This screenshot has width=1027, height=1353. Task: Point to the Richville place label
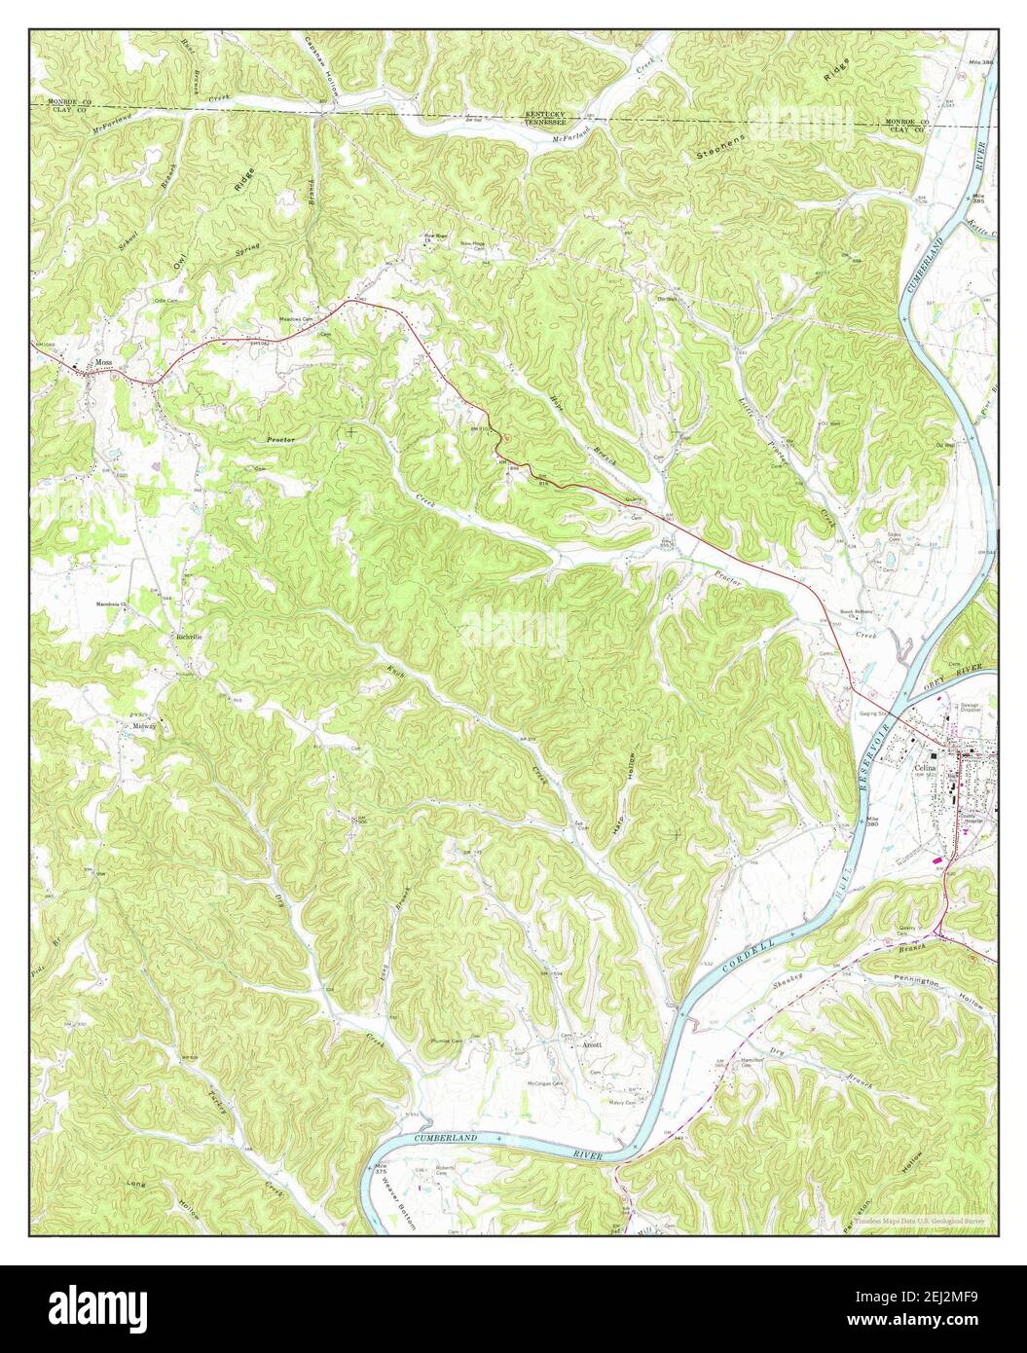(x=188, y=637)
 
